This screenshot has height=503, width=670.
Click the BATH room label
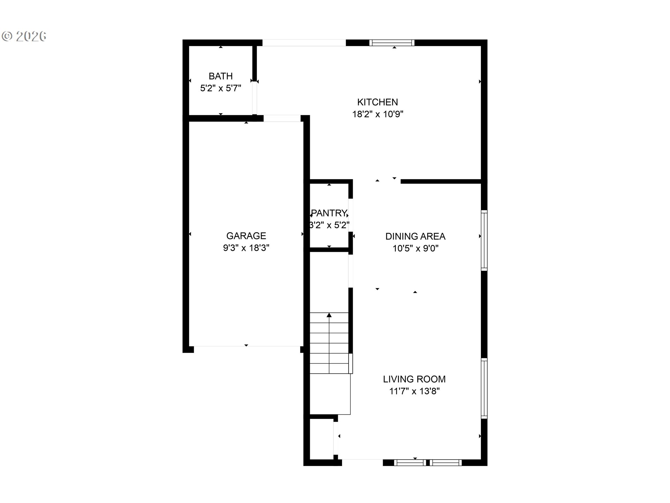tap(221, 76)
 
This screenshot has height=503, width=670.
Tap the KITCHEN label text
tap(378, 102)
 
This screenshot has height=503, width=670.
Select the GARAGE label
tap(246, 236)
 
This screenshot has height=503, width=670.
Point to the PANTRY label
tap(329, 213)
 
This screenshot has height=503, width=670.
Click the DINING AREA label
tap(415, 236)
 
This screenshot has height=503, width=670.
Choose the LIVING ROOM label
tap(414, 379)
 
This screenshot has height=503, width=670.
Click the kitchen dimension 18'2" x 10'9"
tap(378, 114)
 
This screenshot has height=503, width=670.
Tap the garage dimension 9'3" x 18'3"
tap(246, 248)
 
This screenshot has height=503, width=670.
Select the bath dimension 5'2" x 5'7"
tap(221, 88)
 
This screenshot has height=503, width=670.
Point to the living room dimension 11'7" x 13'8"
tap(414, 391)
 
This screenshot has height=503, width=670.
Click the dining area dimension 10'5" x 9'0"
tap(415, 248)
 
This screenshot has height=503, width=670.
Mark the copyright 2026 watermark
tap(24, 36)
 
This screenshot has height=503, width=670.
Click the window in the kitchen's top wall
tap(392, 43)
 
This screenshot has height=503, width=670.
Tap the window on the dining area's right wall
tap(484, 240)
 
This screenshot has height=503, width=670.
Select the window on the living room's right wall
tap(484, 388)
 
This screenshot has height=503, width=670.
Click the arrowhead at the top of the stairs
tap(329, 315)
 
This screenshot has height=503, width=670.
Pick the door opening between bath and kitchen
tap(255, 99)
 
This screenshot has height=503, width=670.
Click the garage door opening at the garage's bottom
tap(247, 347)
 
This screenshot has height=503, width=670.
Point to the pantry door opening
tap(351, 215)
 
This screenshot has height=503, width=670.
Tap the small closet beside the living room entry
tap(322, 439)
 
